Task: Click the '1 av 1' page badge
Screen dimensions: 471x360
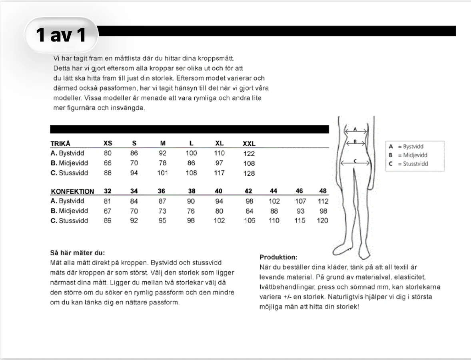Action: click(x=61, y=35)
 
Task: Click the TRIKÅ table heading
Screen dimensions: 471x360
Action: click(x=60, y=143)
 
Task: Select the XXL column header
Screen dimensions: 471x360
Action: click(x=249, y=144)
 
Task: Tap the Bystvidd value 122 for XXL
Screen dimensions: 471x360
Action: click(x=249, y=154)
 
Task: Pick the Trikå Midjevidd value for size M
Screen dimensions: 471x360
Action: click(x=162, y=163)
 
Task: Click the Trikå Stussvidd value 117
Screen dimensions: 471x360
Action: click(x=219, y=173)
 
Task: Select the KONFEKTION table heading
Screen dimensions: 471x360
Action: click(x=72, y=191)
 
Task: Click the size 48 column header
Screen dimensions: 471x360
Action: click(x=323, y=191)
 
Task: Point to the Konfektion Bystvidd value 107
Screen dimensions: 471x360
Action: click(x=300, y=201)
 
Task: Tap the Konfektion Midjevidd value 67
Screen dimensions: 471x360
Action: click(x=107, y=211)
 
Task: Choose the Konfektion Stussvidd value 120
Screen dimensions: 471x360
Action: click(x=322, y=221)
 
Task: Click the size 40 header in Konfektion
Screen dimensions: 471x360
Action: click(x=219, y=191)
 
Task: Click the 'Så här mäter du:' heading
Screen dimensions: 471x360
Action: click(x=78, y=253)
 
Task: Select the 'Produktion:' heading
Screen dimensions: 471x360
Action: click(x=278, y=257)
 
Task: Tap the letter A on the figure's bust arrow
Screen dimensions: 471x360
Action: click(x=355, y=129)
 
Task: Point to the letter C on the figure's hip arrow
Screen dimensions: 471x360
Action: click(x=355, y=161)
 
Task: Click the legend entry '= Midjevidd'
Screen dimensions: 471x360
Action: click(x=413, y=155)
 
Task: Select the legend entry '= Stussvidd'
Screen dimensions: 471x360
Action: click(x=413, y=164)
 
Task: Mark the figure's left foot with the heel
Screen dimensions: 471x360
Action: click(x=342, y=249)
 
